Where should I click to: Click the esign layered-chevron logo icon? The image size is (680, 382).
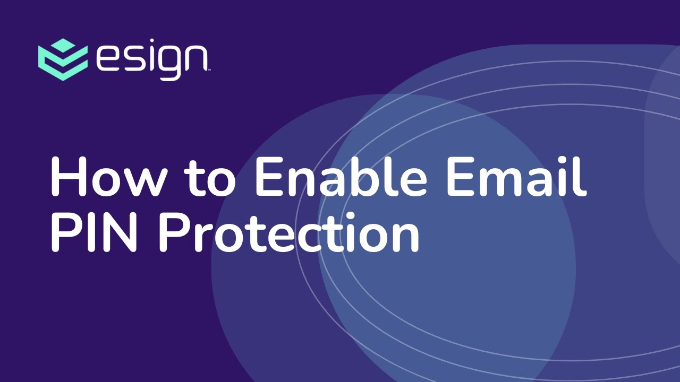pos(63,59)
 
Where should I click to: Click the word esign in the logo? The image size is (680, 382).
pos(152,59)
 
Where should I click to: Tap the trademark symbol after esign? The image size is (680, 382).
pos(209,70)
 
